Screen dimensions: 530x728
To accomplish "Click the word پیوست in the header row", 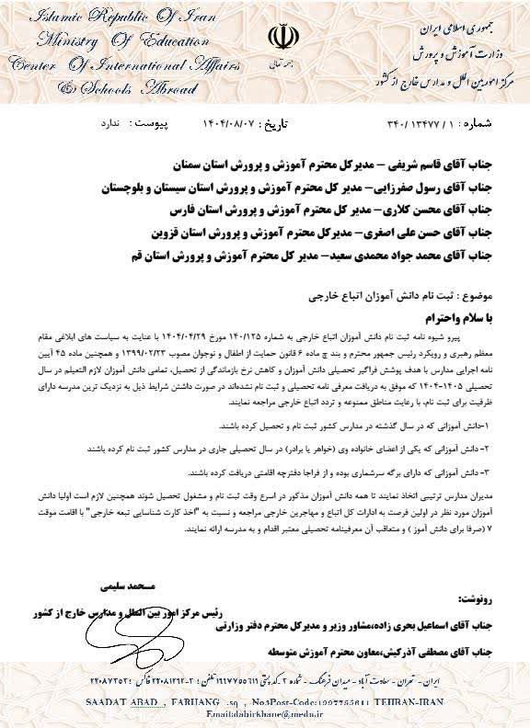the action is [x=144, y=122].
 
